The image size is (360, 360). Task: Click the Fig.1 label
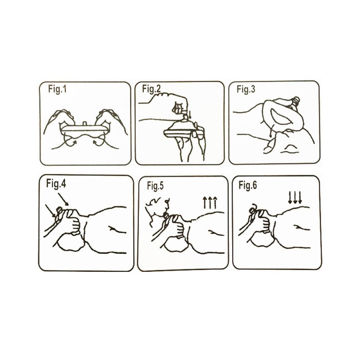pos(58,89)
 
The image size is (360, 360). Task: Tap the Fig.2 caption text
pos(151,89)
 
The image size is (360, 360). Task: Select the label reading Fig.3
pos(246,89)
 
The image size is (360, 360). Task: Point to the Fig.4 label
pos(56,184)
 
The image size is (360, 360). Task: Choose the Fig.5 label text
pos(155,186)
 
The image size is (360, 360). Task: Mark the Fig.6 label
pos(248,185)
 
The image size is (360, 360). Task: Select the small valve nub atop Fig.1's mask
pos(85,123)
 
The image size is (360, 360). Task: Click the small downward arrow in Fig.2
pos(189,114)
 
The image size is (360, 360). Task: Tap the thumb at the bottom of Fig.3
pos(269,147)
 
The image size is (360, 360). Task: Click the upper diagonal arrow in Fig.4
pos(63,199)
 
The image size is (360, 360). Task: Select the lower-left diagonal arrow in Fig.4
pos(50,211)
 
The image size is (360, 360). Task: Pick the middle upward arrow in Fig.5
pos(210,202)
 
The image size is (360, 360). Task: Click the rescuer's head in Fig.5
pos(158,207)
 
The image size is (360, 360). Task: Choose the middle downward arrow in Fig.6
pos(295,198)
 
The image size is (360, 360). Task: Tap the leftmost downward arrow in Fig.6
pos(290,198)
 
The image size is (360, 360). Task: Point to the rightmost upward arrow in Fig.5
pos(215,202)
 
